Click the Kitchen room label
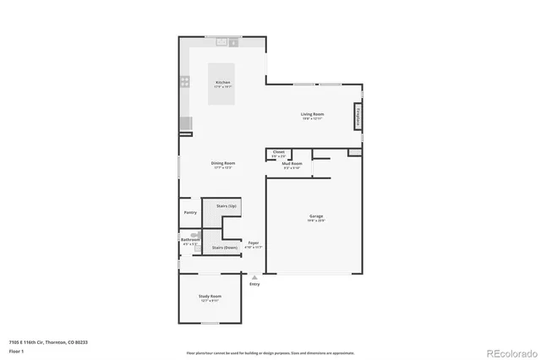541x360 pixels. tap(222, 83)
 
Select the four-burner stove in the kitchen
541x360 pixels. tap(184, 82)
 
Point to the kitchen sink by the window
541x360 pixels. tap(224, 41)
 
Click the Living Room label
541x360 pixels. tap(313, 114)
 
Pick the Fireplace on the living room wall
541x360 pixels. tap(358, 116)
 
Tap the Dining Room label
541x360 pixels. tap(223, 163)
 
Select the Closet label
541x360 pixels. tap(278, 152)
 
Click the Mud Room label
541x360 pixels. tap(292, 163)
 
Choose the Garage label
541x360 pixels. tap(315, 217)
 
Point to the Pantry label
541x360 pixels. tap(190, 212)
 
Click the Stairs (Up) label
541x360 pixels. tap(226, 206)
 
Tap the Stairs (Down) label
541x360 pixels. tap(224, 248)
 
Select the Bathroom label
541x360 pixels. tap(189, 239)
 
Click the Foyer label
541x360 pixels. tap(253, 243)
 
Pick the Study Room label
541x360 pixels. tap(210, 297)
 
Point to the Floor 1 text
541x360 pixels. tap(16, 351)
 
